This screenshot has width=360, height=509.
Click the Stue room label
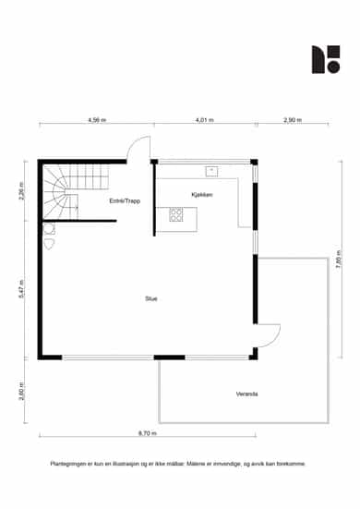pyautogui.click(x=151, y=298)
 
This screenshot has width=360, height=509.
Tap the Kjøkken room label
pyautogui.click(x=202, y=195)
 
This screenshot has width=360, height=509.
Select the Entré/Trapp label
pyautogui.click(x=125, y=201)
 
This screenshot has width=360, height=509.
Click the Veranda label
pyautogui.click(x=246, y=394)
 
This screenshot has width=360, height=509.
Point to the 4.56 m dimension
pyautogui.click(x=97, y=120)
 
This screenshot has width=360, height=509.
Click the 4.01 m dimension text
pyautogui.click(x=205, y=120)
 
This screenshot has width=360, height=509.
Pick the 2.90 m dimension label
pyautogui.click(x=293, y=120)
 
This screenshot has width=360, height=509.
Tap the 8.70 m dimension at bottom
pyautogui.click(x=148, y=433)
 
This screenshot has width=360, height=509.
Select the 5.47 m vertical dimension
pyautogui.click(x=21, y=289)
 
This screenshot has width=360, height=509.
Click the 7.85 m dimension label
pyautogui.click(x=339, y=259)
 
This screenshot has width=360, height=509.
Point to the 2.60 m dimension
pyautogui.click(x=21, y=391)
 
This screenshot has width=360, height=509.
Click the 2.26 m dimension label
pyautogui.click(x=21, y=191)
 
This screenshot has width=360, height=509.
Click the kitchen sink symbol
pyautogui.click(x=211, y=172)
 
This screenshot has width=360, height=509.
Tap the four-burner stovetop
pyautogui.click(x=176, y=214)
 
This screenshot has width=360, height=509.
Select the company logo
pyautogui.click(x=326, y=59)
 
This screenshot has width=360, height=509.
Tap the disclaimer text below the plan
pyautogui.click(x=178, y=464)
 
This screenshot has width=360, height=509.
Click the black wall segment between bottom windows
pyautogui.click(x=169, y=358)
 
